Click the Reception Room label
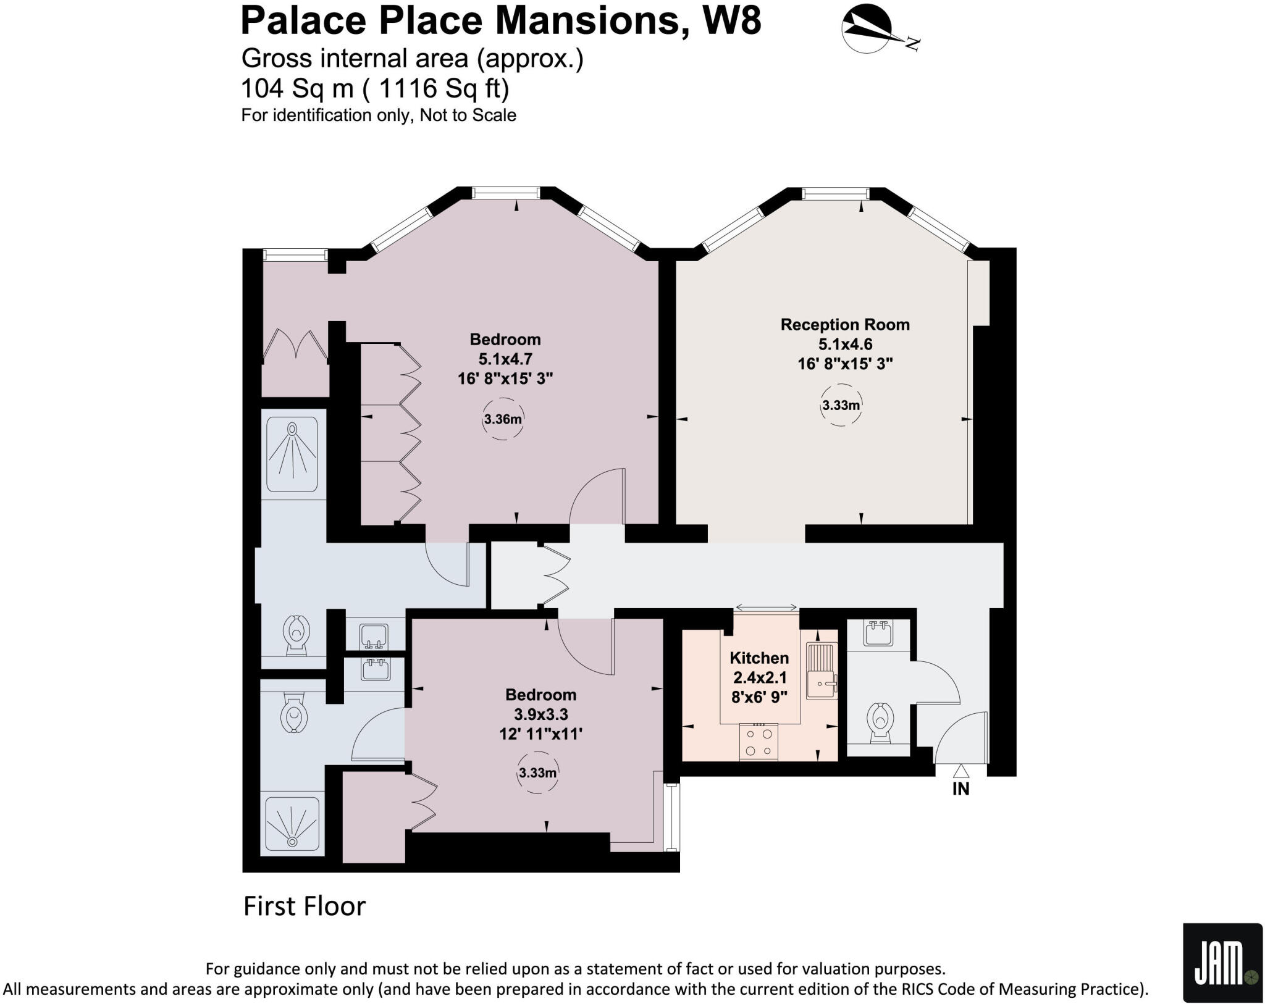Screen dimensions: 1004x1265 pyautogui.click(x=844, y=325)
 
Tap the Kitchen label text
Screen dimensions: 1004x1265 pyautogui.click(x=759, y=658)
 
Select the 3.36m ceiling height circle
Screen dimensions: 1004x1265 pyautogui.click(x=503, y=419)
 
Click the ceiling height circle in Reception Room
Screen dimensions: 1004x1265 pyautogui.click(x=841, y=406)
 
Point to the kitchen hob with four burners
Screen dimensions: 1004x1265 pyautogui.click(x=759, y=742)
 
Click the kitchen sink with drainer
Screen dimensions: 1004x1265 pyautogui.click(x=822, y=671)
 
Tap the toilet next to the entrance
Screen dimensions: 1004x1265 pyautogui.click(x=880, y=723)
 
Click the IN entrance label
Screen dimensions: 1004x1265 pyautogui.click(x=960, y=789)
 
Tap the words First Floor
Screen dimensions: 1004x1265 pyautogui.click(x=305, y=906)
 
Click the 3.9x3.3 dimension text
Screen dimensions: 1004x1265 pyautogui.click(x=540, y=714)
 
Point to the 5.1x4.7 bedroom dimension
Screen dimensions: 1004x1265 pyautogui.click(x=505, y=359)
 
